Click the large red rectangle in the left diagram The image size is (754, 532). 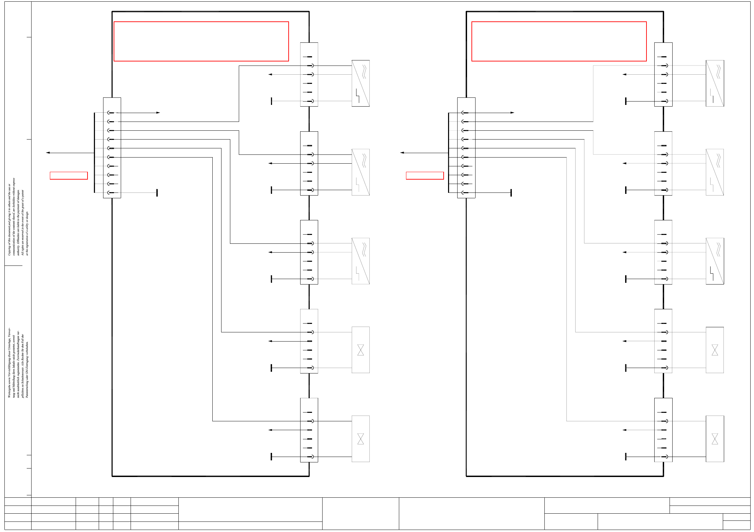click(x=201, y=41)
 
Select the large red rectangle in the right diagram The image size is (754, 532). click(x=559, y=41)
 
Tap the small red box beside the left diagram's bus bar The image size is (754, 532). click(x=69, y=176)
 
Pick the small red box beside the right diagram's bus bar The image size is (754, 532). click(x=425, y=176)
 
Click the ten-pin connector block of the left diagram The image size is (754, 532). click(x=112, y=148)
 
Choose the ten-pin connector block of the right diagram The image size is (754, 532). click(x=466, y=148)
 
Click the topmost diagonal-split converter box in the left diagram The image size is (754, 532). click(x=361, y=83)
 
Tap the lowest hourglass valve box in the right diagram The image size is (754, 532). click(x=715, y=439)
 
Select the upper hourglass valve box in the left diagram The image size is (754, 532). click(x=361, y=350)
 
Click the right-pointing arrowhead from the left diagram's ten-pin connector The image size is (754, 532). click(x=158, y=113)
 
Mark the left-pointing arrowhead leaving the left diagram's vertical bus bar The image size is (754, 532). click(x=48, y=153)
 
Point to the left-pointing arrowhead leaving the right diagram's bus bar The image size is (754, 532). click(x=402, y=153)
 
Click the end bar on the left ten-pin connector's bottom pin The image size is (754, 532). click(x=157, y=193)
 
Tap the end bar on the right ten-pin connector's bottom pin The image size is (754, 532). click(x=511, y=193)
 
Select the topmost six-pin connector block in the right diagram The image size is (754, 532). click(x=663, y=74)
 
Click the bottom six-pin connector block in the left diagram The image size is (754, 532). click(x=309, y=430)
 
